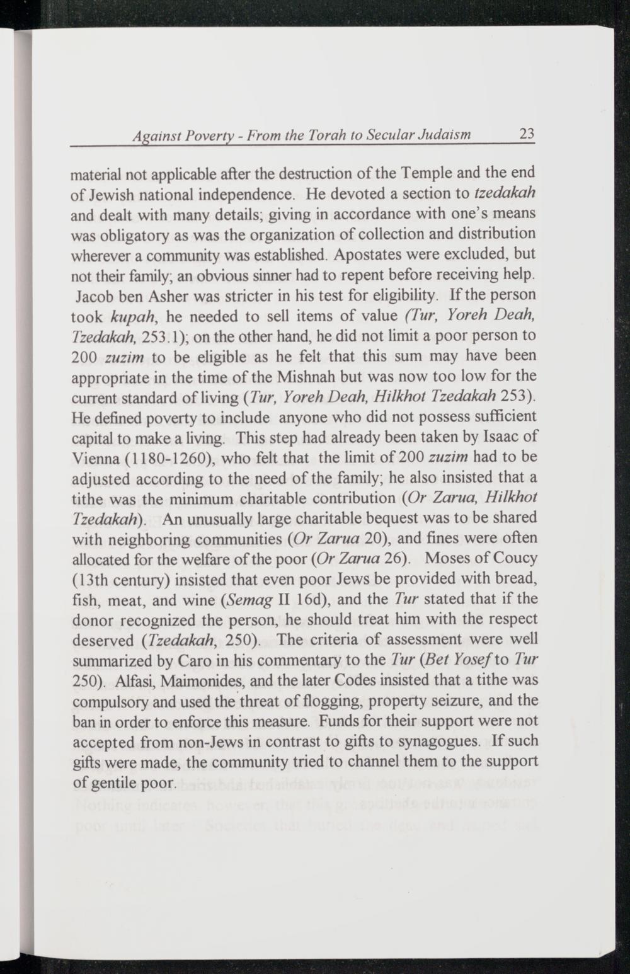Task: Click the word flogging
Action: point(306,701)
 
